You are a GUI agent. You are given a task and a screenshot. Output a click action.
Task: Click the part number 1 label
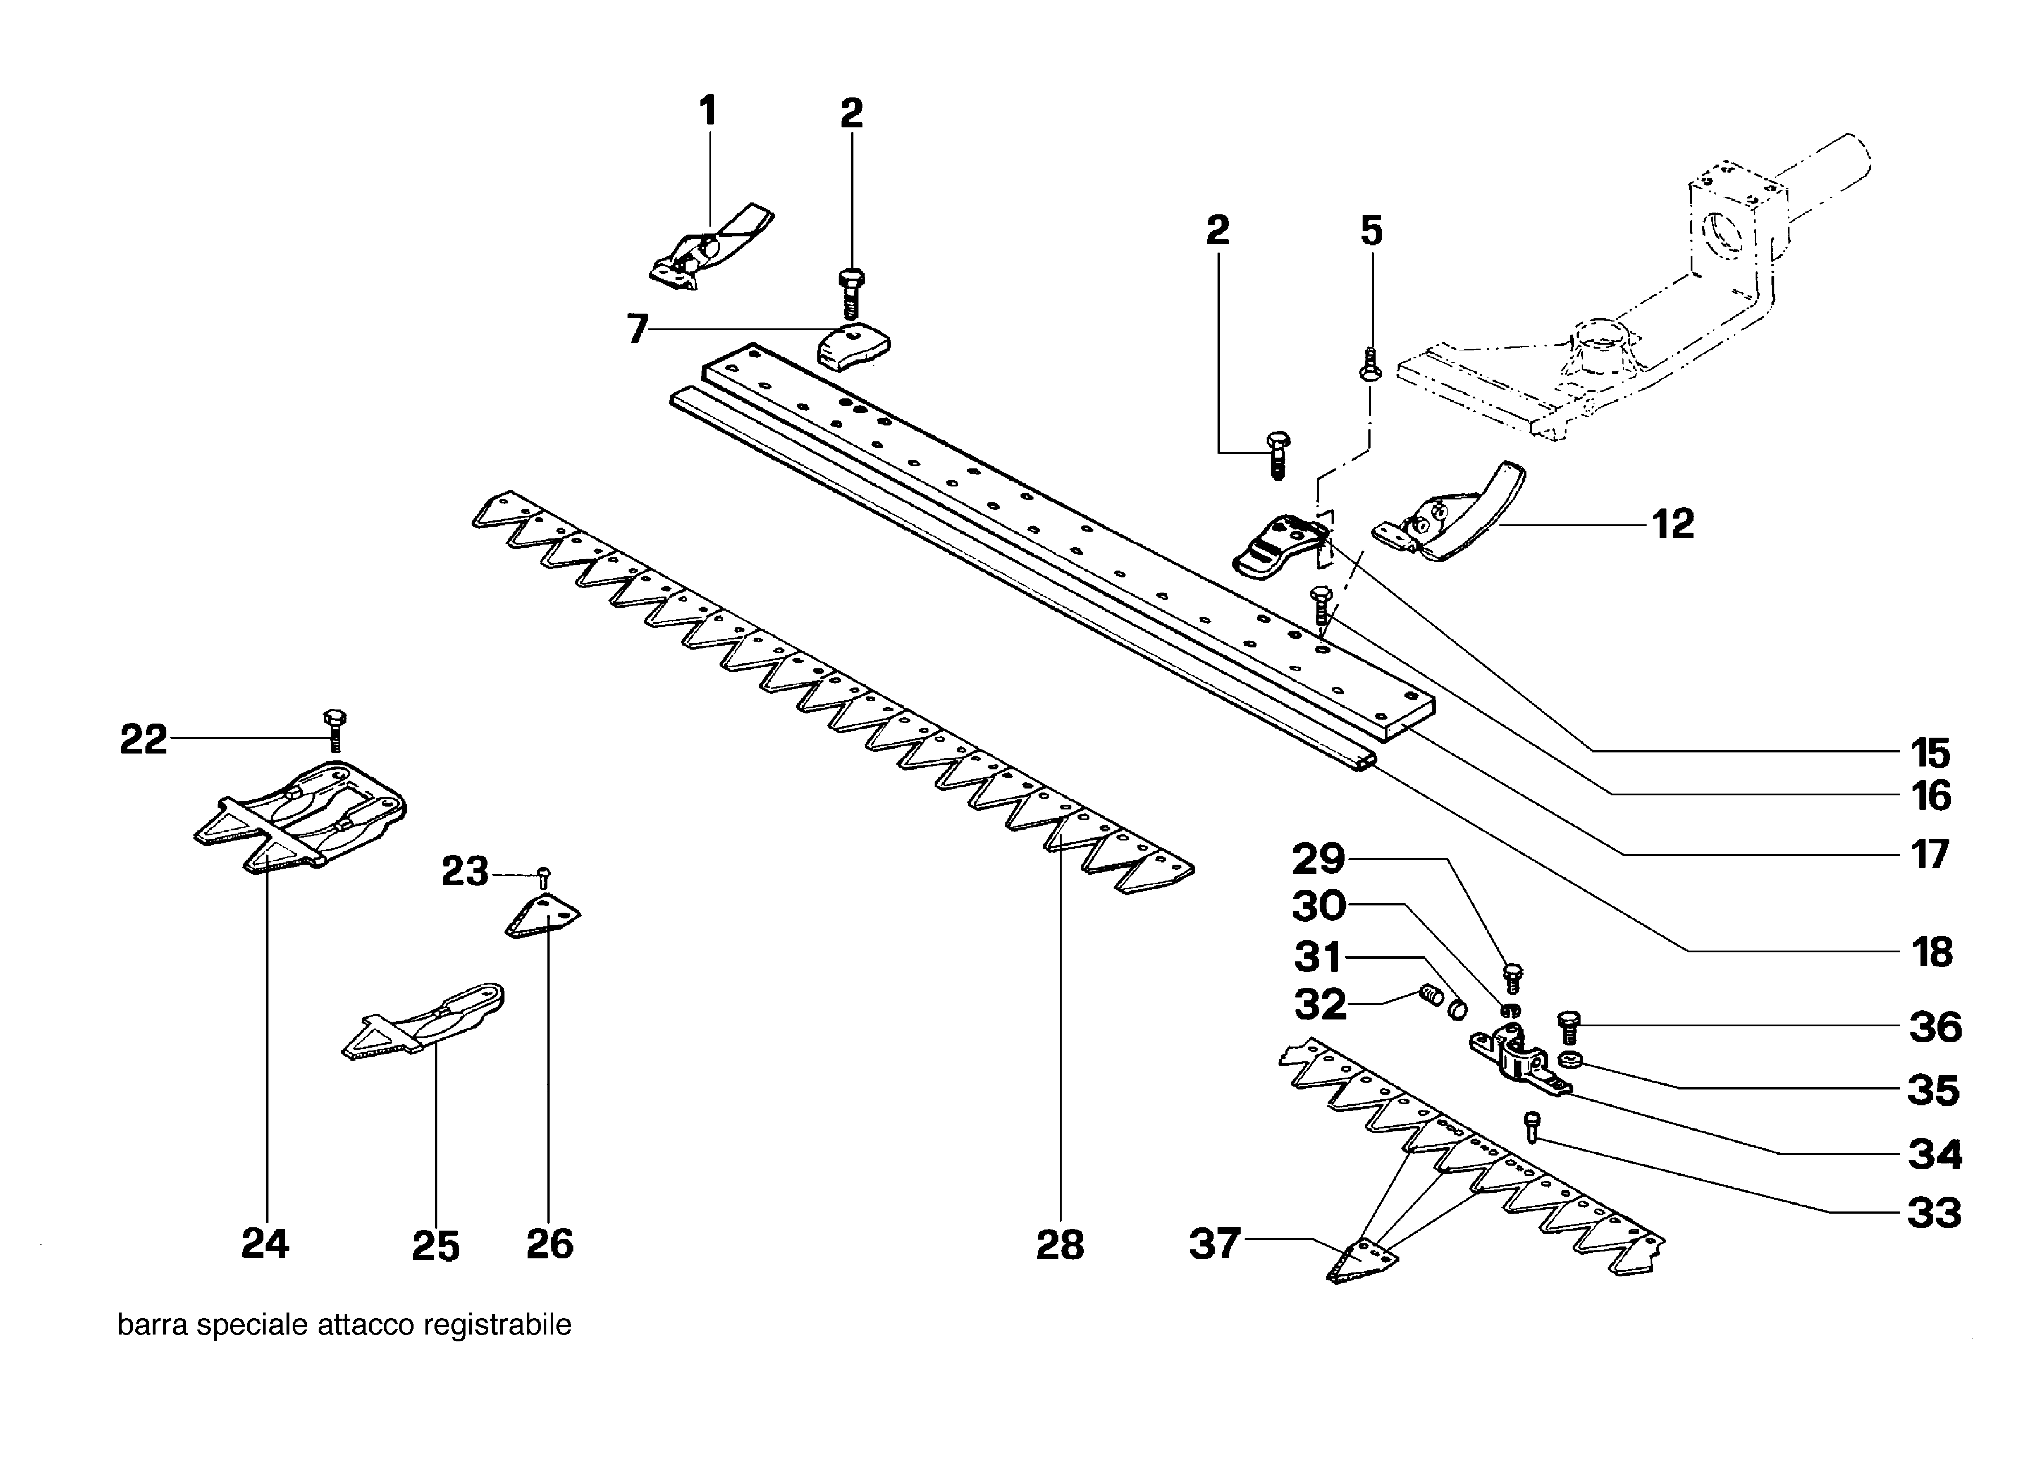coord(708,112)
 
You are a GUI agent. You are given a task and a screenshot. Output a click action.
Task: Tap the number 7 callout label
coord(637,329)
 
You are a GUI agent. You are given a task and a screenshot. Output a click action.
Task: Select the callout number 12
coord(1673,524)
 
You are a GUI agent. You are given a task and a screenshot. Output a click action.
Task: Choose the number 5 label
coord(1371,231)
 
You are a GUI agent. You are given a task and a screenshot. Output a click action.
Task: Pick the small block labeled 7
coord(854,347)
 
